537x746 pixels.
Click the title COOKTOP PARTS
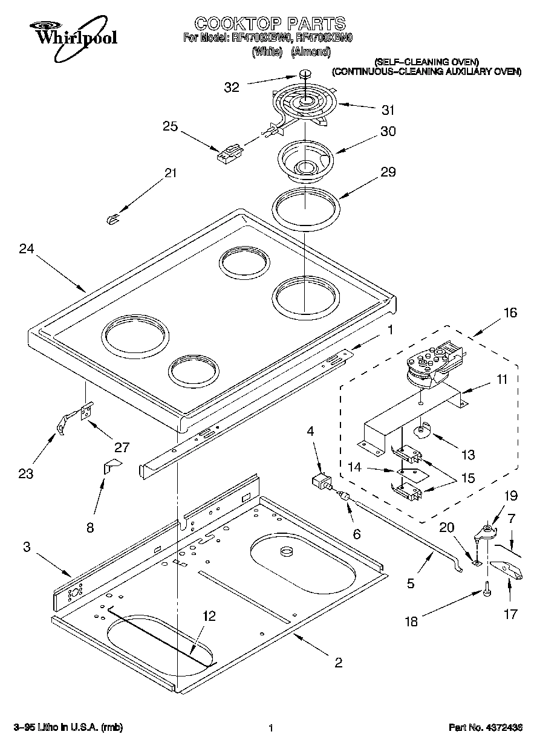[269, 24]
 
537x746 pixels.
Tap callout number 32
[232, 87]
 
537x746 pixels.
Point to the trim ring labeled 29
[306, 209]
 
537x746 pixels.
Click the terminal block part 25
[229, 154]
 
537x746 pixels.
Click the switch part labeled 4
[320, 483]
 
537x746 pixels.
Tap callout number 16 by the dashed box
[510, 313]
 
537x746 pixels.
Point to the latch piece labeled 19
[486, 532]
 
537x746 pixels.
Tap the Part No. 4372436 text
[485, 727]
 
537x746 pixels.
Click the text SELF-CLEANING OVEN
[426, 62]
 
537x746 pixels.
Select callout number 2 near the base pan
[338, 663]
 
